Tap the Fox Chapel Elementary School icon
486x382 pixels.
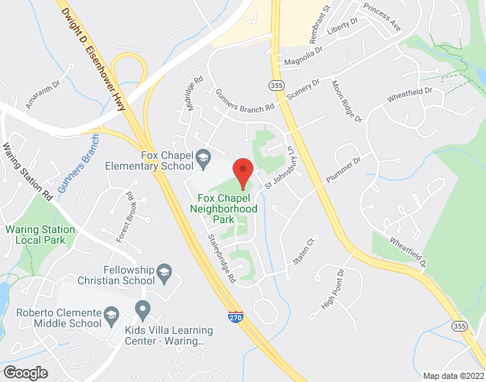pyautogui.click(x=203, y=158)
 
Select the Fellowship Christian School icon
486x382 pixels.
pyautogui.click(x=163, y=273)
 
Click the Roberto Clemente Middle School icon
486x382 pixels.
pyautogui.click(x=111, y=315)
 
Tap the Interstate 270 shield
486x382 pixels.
pyautogui.click(x=236, y=315)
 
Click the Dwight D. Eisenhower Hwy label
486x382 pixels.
pyautogui.click(x=95, y=57)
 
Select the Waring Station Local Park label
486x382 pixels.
pyautogui.click(x=41, y=235)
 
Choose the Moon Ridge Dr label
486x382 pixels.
pyautogui.click(x=346, y=101)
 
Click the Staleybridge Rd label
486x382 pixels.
pyautogui.click(x=220, y=259)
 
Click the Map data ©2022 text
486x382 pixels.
pyautogui.click(x=455, y=375)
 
